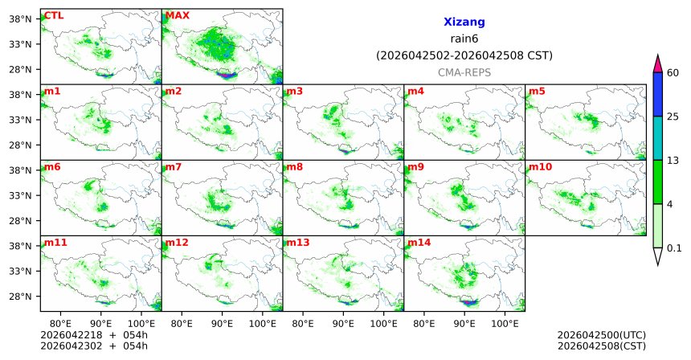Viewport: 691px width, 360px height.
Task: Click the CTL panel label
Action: (54, 15)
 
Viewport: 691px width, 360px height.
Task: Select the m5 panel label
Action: (537, 91)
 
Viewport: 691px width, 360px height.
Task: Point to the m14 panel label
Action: (418, 242)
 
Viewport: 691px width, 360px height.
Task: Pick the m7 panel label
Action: (174, 166)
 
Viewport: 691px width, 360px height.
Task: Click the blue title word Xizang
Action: (464, 22)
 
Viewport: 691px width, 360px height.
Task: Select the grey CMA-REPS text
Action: (464, 72)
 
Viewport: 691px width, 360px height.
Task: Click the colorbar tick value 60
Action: (673, 73)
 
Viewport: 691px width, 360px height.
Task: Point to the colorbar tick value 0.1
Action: (674, 248)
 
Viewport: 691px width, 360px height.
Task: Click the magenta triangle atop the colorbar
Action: (658, 63)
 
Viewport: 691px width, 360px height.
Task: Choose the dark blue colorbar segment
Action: (658, 95)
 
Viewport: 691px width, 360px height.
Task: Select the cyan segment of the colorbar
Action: (658, 138)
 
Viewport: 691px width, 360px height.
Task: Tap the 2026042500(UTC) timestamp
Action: (601, 335)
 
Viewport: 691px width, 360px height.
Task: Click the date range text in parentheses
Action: (464, 55)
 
